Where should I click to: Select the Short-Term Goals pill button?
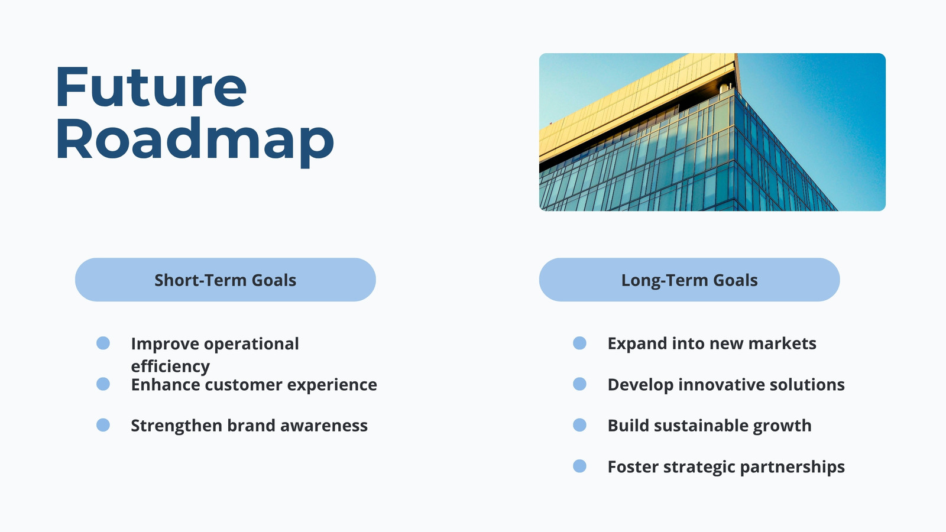click(225, 280)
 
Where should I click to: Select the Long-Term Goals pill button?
click(689, 280)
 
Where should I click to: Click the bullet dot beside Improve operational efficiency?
click(103, 343)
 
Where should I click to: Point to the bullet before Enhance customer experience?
click(103, 384)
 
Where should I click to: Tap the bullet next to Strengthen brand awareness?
click(103, 425)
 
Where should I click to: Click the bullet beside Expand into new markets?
click(579, 343)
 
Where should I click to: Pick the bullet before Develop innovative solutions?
click(579, 384)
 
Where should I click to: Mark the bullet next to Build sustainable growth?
click(579, 425)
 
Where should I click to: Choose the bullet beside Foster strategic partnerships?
click(579, 466)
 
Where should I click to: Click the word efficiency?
click(170, 366)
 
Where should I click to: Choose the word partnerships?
click(792, 467)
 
